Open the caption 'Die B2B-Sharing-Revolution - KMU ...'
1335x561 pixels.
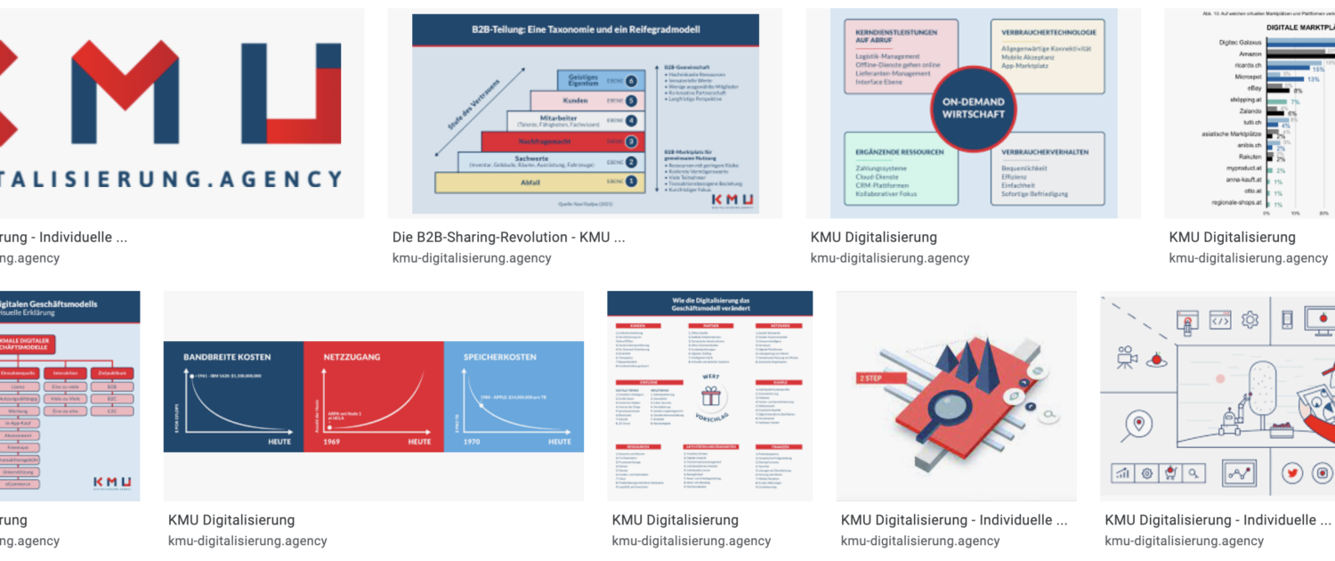[x=508, y=238]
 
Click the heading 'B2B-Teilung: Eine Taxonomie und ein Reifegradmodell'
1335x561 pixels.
[x=585, y=29]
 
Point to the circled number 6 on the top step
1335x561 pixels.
[x=630, y=80]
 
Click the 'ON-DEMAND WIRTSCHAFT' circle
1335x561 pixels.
[x=973, y=109]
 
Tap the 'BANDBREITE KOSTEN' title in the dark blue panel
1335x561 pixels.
[x=227, y=357]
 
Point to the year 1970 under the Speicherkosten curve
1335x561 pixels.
[x=473, y=442]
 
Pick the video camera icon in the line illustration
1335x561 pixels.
[x=1127, y=357]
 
